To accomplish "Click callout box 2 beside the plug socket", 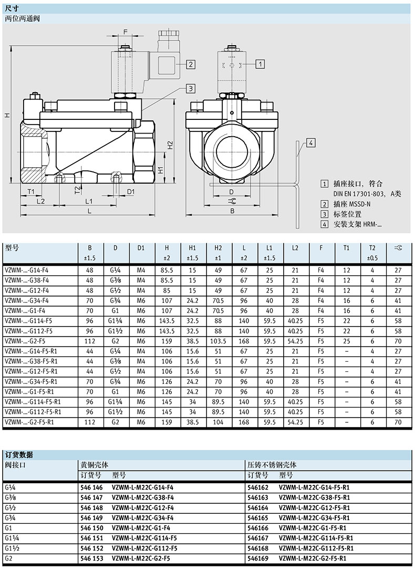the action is point(191,64).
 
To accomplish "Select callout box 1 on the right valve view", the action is point(260,64).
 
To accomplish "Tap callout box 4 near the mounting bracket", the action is point(311,143).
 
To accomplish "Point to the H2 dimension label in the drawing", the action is point(170,145).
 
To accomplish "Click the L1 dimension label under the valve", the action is point(89,201).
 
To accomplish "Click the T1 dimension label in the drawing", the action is point(30,191).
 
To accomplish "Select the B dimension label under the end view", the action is point(232,210).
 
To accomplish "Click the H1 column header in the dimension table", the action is point(192,248).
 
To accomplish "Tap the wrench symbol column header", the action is point(398,248).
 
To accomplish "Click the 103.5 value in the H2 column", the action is point(218,341).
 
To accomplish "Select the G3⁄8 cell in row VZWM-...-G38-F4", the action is point(115,280).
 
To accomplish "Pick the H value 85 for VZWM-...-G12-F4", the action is point(167,290).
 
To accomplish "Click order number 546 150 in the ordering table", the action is point(92,528).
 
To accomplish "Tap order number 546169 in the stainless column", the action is point(258,558).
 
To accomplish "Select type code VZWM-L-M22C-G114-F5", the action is point(144,538).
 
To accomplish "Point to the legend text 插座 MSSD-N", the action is point(351,204).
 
